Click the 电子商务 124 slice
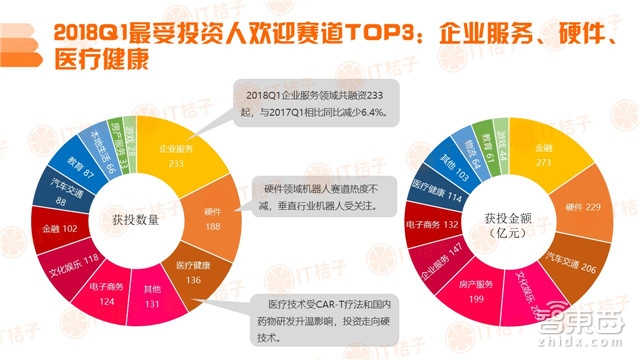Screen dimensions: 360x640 tap(112, 289)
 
